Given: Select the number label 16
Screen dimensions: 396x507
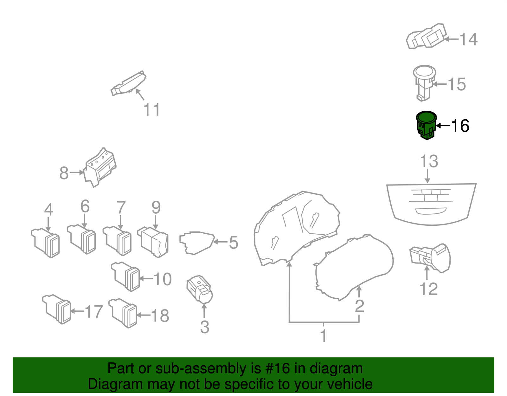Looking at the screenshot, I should [460, 126].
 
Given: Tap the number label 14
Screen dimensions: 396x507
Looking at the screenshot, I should [468, 39].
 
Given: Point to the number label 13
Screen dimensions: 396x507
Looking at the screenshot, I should [429, 161].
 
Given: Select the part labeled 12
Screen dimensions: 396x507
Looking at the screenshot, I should [431, 258].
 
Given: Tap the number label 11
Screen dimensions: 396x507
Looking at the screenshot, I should [151, 110].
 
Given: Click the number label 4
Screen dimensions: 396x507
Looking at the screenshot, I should [48, 210].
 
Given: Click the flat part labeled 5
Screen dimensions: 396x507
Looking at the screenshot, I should [196, 243].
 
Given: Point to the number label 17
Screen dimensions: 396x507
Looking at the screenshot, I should [94, 312].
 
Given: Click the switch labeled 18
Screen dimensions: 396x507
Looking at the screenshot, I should [124, 313].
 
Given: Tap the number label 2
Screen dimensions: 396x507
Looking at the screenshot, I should [359, 306].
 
